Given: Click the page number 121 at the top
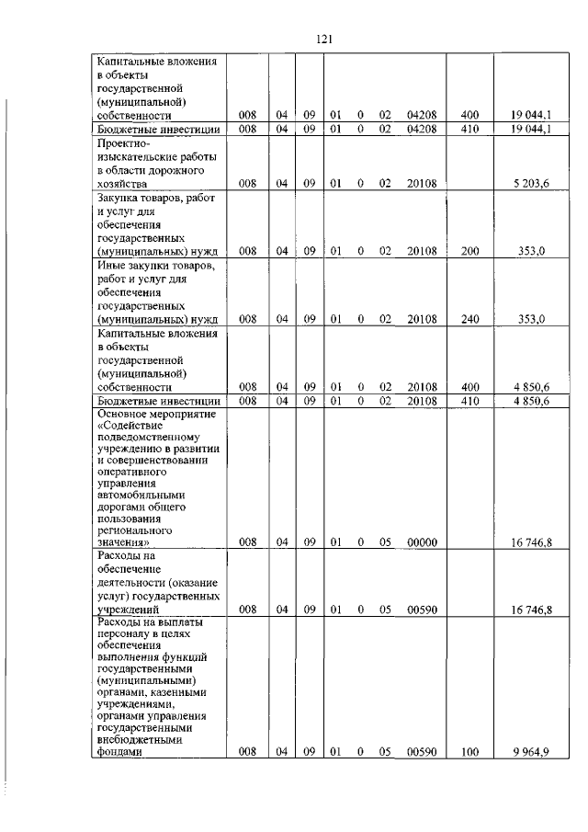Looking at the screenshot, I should (322, 39).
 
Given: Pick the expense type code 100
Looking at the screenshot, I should (469, 752).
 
